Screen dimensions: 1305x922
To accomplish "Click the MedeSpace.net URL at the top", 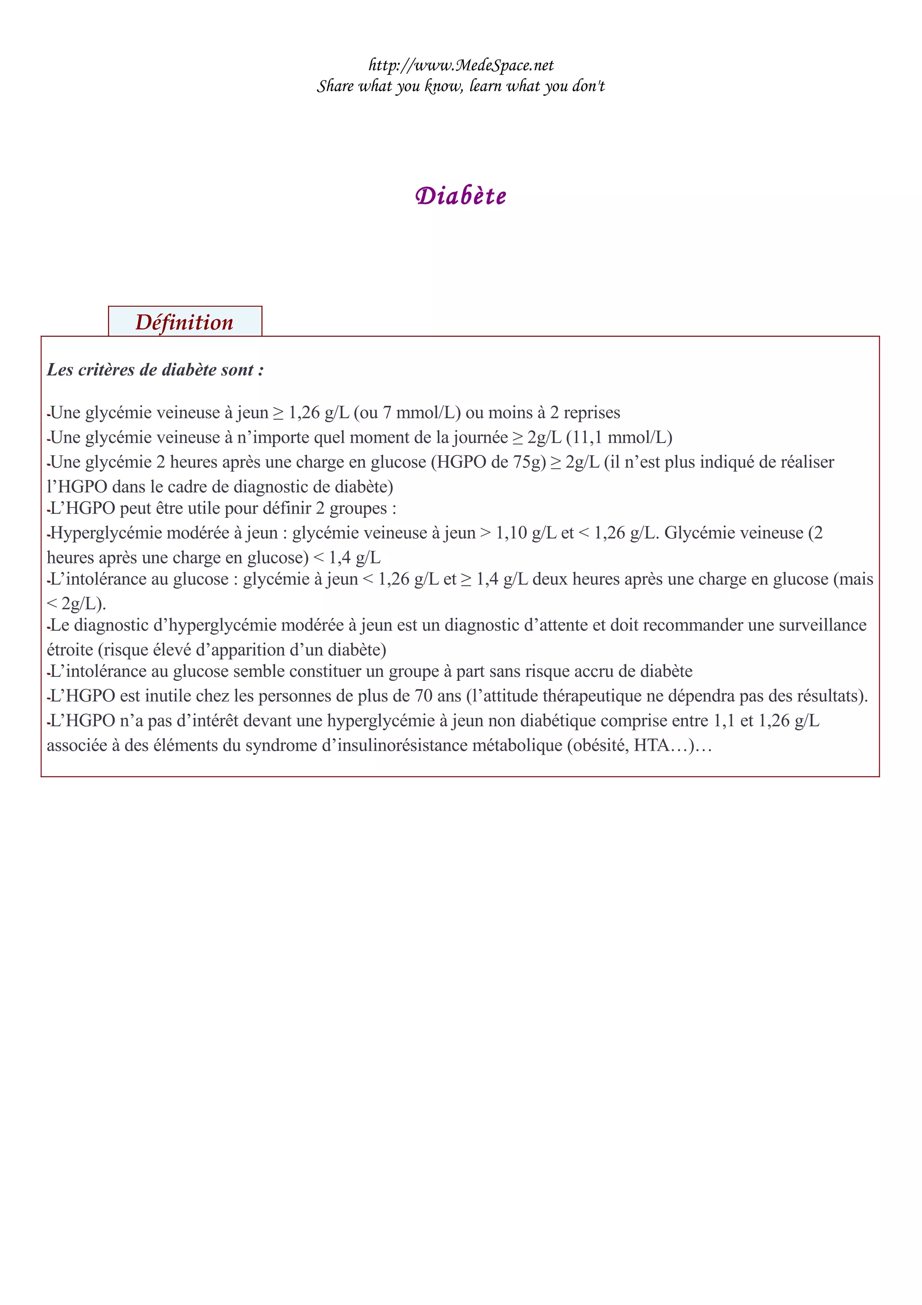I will [x=461, y=65].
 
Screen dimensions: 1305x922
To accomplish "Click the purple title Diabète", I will [x=461, y=195].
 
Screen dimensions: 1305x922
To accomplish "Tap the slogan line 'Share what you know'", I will [x=461, y=86].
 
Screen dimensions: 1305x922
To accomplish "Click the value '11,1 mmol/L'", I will [x=619, y=438].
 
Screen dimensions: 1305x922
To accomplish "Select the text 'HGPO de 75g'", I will [x=488, y=462].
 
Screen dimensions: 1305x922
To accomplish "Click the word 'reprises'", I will [x=592, y=412].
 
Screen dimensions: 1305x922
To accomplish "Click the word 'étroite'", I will [x=70, y=650].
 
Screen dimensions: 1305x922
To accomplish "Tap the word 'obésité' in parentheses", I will [x=599, y=746].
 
